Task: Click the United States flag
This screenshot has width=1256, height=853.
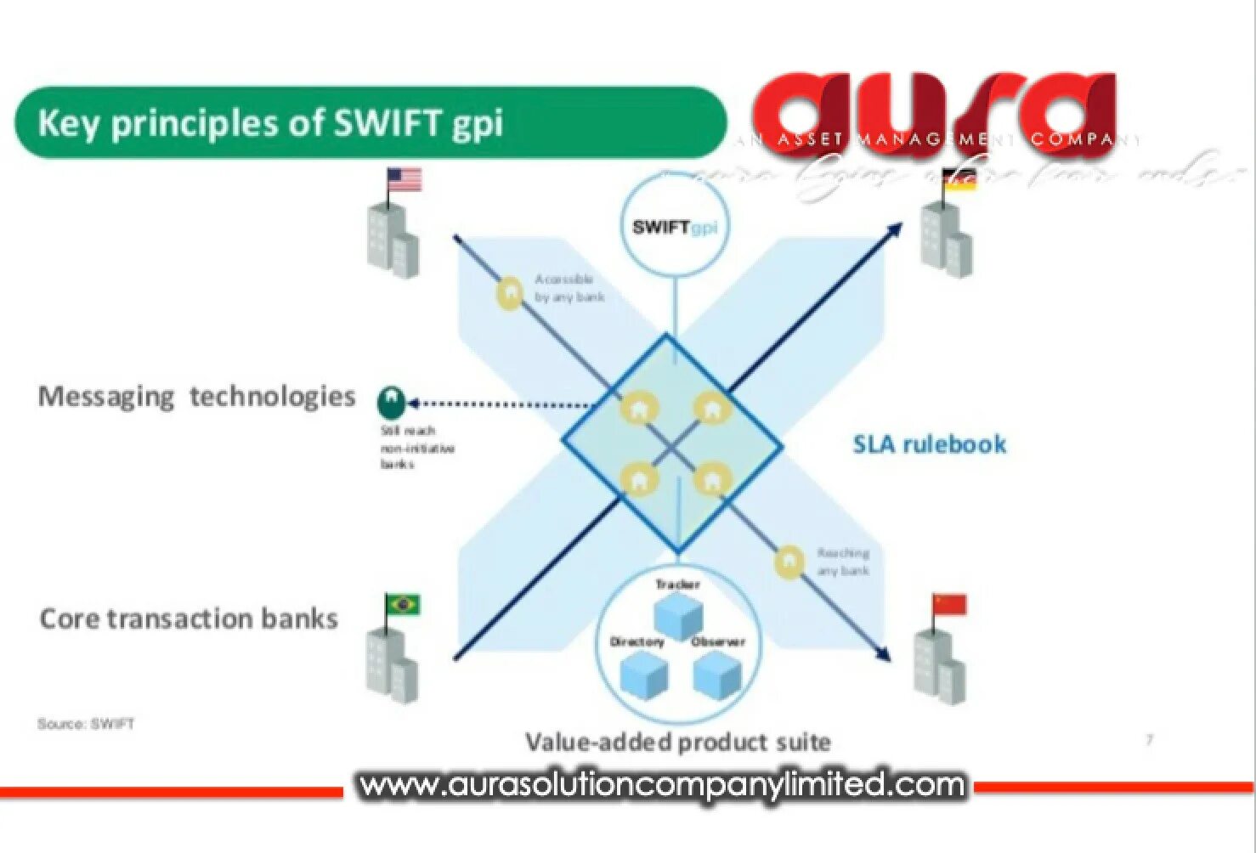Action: (405, 179)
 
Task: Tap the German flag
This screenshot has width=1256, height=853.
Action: (959, 180)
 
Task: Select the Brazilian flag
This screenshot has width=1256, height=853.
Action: (403, 604)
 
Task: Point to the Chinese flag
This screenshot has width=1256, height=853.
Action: (949, 604)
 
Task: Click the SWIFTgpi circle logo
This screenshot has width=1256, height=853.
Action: (676, 227)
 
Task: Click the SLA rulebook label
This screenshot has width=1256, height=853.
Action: (929, 444)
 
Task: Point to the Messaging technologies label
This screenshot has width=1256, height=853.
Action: (196, 397)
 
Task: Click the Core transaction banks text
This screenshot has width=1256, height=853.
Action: (189, 619)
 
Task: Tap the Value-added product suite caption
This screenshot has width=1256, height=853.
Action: (677, 742)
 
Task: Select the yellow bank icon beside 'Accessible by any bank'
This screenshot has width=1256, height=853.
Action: (509, 293)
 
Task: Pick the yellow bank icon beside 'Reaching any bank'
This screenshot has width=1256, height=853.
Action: (789, 562)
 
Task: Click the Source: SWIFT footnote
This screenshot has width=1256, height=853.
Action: (86, 724)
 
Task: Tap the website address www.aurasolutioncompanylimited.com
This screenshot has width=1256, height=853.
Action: (662, 785)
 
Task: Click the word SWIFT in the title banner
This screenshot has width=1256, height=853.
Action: (387, 123)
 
